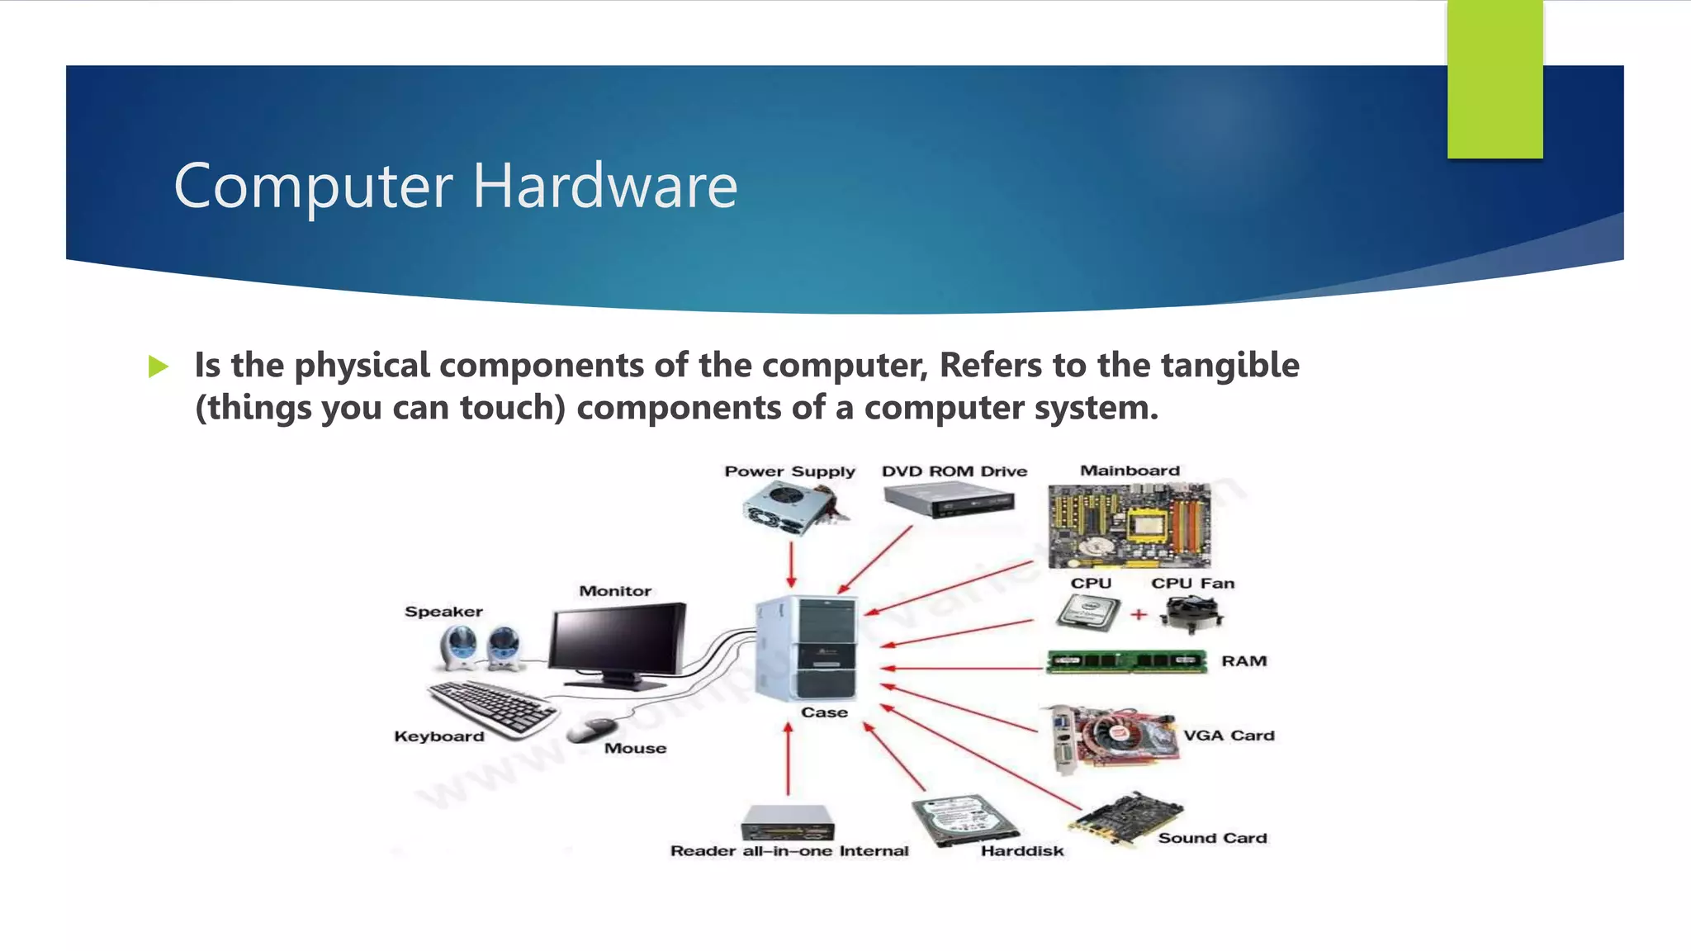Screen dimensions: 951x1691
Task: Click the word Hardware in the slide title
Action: pyautogui.click(x=604, y=187)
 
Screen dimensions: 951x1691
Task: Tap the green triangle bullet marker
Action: pyautogui.click(x=159, y=366)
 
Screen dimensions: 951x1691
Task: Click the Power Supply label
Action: pyautogui.click(x=789, y=471)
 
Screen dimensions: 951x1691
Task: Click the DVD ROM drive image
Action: pyautogui.click(x=949, y=500)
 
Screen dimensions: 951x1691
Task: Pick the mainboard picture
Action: pyautogui.click(x=1129, y=526)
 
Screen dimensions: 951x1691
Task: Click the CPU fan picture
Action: pyautogui.click(x=1191, y=613)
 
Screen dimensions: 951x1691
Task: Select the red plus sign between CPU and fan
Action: pyautogui.click(x=1139, y=614)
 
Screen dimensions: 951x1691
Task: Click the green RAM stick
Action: pyautogui.click(x=1126, y=661)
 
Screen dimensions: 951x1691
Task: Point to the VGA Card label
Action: pyautogui.click(x=1229, y=736)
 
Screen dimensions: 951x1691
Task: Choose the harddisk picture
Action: pyautogui.click(x=964, y=820)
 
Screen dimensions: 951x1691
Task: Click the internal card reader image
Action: pyautogui.click(x=788, y=822)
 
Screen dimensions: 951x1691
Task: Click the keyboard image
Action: pyautogui.click(x=492, y=707)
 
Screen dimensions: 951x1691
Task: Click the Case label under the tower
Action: pyautogui.click(x=824, y=712)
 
